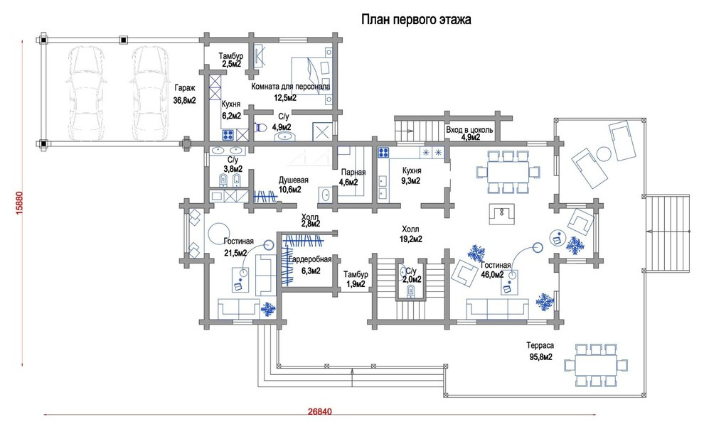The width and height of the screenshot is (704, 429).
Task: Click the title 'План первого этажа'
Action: click(x=416, y=20)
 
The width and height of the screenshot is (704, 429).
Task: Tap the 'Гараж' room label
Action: click(x=184, y=88)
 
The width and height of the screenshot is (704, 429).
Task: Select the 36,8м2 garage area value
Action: click(x=184, y=101)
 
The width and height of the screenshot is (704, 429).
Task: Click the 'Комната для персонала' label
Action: click(x=291, y=86)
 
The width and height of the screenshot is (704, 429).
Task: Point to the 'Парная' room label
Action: click(x=353, y=172)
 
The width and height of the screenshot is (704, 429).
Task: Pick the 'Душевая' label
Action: click(x=294, y=180)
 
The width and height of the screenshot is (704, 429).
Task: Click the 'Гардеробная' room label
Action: click(x=310, y=259)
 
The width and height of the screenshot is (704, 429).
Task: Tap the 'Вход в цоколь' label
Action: click(x=469, y=130)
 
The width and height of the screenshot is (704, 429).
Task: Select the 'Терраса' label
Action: click(x=540, y=346)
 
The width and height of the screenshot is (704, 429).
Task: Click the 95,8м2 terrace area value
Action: click(x=540, y=357)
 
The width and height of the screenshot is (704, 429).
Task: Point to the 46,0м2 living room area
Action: click(x=493, y=275)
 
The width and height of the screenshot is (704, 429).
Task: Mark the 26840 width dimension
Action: click(x=320, y=411)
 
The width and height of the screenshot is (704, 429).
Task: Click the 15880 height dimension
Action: click(x=19, y=203)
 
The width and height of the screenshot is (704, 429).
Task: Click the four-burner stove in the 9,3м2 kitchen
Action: click(x=383, y=153)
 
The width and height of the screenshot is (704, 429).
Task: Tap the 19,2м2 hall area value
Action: click(x=411, y=239)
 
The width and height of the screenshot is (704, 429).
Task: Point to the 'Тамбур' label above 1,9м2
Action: click(x=356, y=274)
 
